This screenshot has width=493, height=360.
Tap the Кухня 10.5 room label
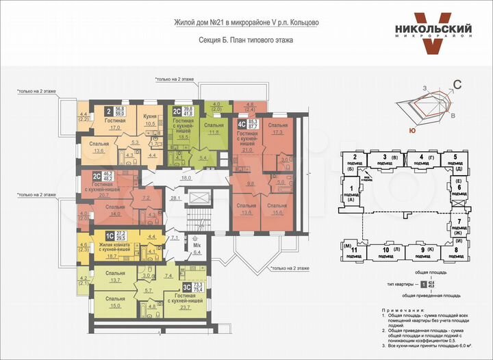click(150, 120)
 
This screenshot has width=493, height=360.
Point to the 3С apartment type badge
click(186, 287)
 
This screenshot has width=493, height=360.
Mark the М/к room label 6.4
click(197, 248)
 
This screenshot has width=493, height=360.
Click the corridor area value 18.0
click(186, 178)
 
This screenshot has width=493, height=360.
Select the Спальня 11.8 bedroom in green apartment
click(214, 129)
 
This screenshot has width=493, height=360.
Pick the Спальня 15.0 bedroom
click(115, 302)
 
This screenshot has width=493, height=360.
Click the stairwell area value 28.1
click(175, 198)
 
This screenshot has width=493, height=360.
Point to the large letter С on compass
click(458, 85)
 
